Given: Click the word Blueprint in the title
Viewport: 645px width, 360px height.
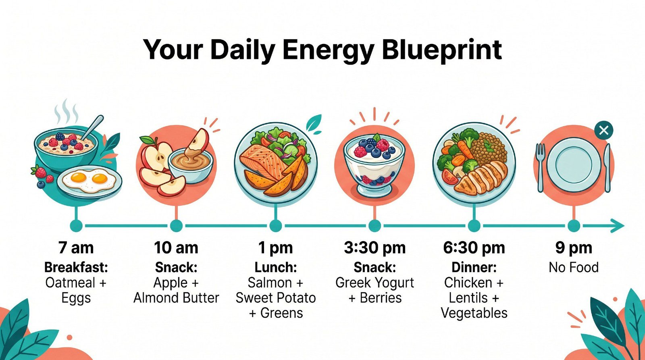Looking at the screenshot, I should [x=441, y=50].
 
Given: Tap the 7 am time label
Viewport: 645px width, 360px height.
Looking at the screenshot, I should [x=76, y=248].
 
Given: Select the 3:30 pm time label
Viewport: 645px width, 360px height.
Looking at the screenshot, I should [x=375, y=248].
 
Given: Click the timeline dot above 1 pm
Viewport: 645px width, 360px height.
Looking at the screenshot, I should [x=275, y=226].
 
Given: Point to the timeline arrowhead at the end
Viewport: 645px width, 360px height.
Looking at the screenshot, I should [x=617, y=226].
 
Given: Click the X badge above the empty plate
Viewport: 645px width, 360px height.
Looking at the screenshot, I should [x=603, y=131].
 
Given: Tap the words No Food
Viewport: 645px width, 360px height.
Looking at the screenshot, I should [x=573, y=267].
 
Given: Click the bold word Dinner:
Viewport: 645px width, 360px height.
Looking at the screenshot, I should [x=474, y=267].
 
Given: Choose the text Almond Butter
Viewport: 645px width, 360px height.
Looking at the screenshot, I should [x=176, y=298].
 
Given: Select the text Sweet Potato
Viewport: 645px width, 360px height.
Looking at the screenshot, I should [x=275, y=298].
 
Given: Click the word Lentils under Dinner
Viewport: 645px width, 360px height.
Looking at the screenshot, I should [x=468, y=298].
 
